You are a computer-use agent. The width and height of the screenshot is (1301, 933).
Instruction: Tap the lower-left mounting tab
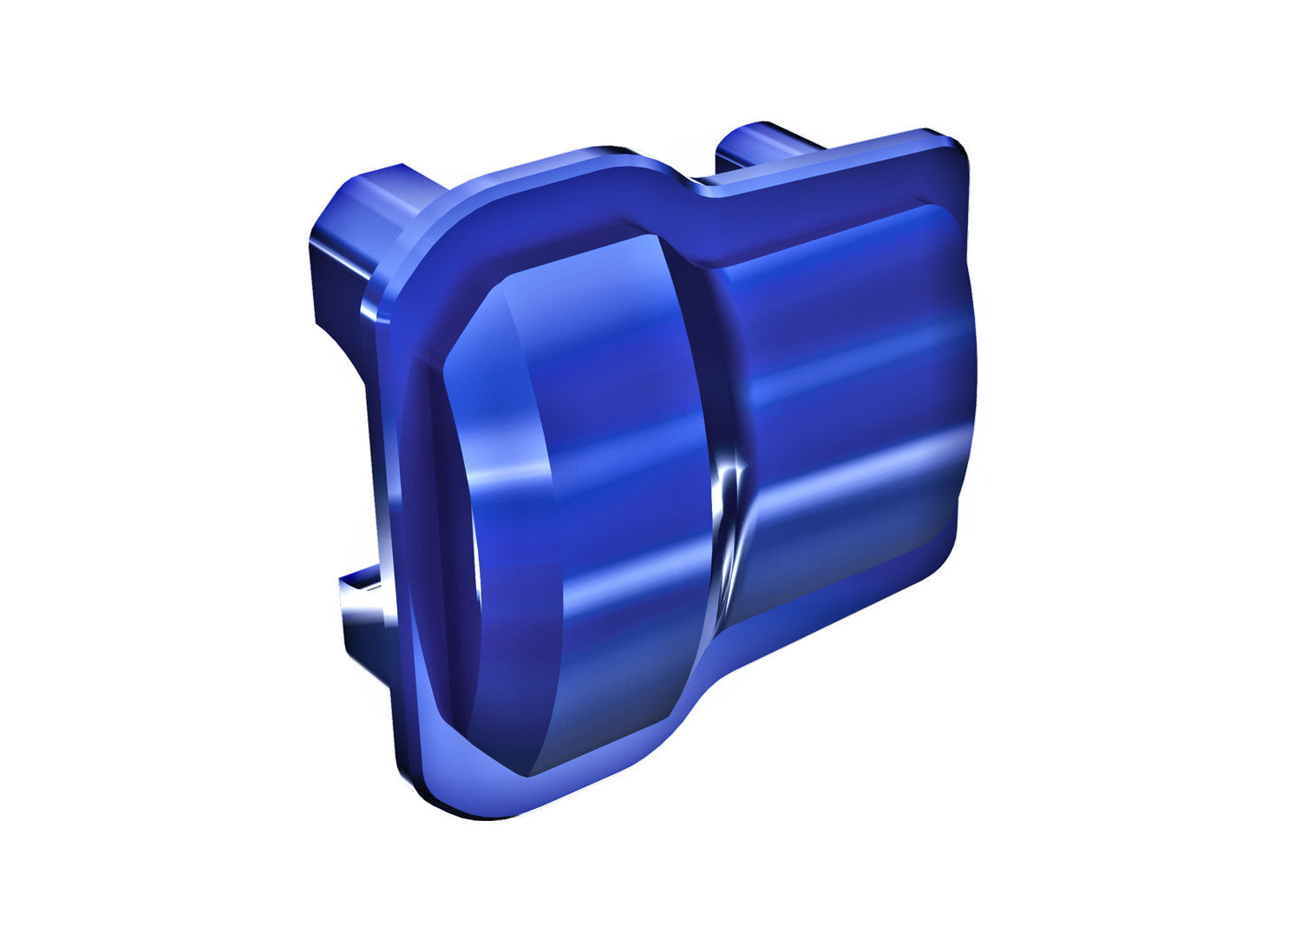pos(360,608)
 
